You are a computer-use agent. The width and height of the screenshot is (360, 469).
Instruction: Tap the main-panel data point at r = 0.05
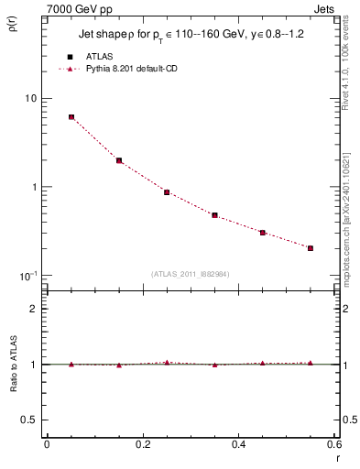[71, 117]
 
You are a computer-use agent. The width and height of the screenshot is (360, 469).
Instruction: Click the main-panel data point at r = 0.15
[119, 160]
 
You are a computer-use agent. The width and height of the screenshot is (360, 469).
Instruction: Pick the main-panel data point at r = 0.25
[167, 192]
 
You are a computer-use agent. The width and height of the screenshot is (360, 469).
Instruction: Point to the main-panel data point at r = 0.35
[214, 215]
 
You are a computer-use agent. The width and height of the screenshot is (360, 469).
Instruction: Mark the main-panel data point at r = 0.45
[262, 233]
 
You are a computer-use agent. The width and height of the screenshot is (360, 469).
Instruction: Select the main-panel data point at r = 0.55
[311, 247]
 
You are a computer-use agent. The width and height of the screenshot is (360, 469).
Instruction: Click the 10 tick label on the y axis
[30, 98]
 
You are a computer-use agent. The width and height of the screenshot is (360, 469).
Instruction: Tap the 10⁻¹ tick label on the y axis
[27, 275]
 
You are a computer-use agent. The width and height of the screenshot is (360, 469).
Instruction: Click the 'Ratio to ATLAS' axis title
[14, 364]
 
